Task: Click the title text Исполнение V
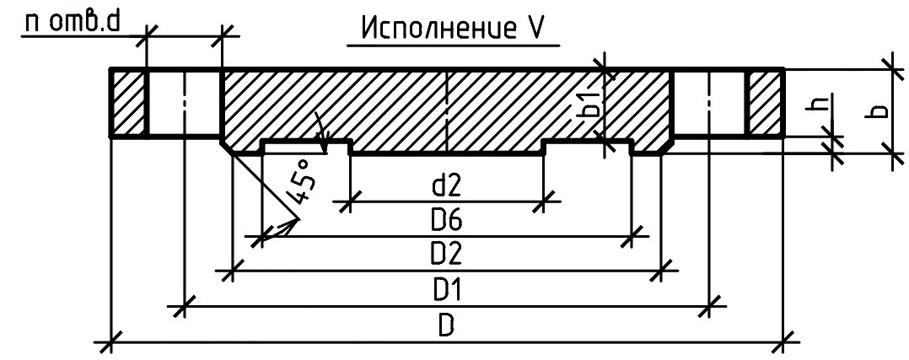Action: [x=452, y=28]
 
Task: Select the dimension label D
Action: [x=445, y=326]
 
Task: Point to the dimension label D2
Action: [x=446, y=255]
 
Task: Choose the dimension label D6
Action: [x=446, y=220]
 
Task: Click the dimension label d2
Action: [x=446, y=186]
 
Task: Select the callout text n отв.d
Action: [x=72, y=24]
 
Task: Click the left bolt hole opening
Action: [x=185, y=103]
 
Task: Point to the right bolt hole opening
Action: [x=709, y=103]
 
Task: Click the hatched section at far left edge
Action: [x=128, y=103]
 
